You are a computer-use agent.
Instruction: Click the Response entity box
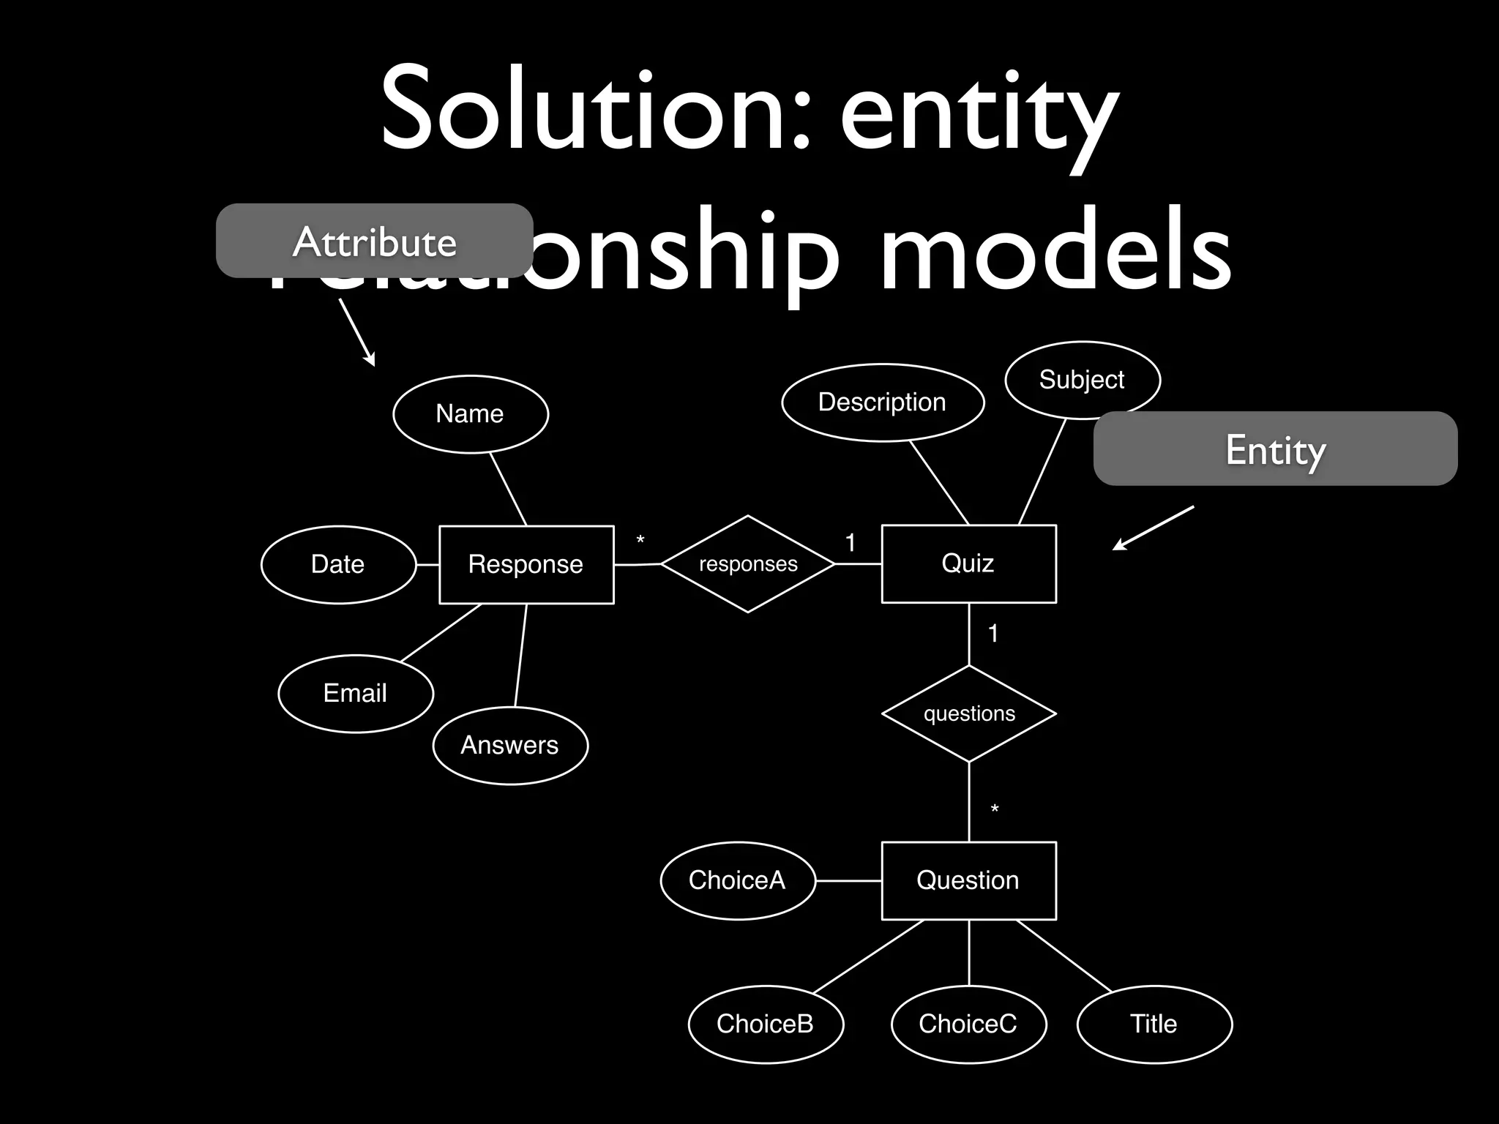pos(526,564)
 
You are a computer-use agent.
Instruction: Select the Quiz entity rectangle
pos(968,563)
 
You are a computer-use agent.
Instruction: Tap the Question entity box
pos(968,880)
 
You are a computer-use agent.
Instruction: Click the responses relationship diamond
pos(748,564)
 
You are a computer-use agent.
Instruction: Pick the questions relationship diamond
pos(969,713)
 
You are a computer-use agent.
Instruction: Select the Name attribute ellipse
pos(471,414)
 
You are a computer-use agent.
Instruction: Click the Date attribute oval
pos(338,564)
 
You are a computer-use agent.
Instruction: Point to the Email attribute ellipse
pos(356,693)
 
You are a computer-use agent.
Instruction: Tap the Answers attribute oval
pos(510,745)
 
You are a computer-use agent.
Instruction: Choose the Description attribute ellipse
pos(883,402)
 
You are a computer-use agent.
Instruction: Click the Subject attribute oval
pos(1082,380)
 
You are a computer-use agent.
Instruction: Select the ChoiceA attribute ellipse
pos(738,880)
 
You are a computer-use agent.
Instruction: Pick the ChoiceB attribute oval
pos(766,1024)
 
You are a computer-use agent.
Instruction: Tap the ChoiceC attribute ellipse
pos(968,1024)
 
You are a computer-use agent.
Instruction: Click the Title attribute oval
pos(1154,1024)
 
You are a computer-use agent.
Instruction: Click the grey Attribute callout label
pos(374,241)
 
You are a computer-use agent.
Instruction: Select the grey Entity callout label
pos(1275,449)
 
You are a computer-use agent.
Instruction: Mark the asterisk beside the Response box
pos(640,541)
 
